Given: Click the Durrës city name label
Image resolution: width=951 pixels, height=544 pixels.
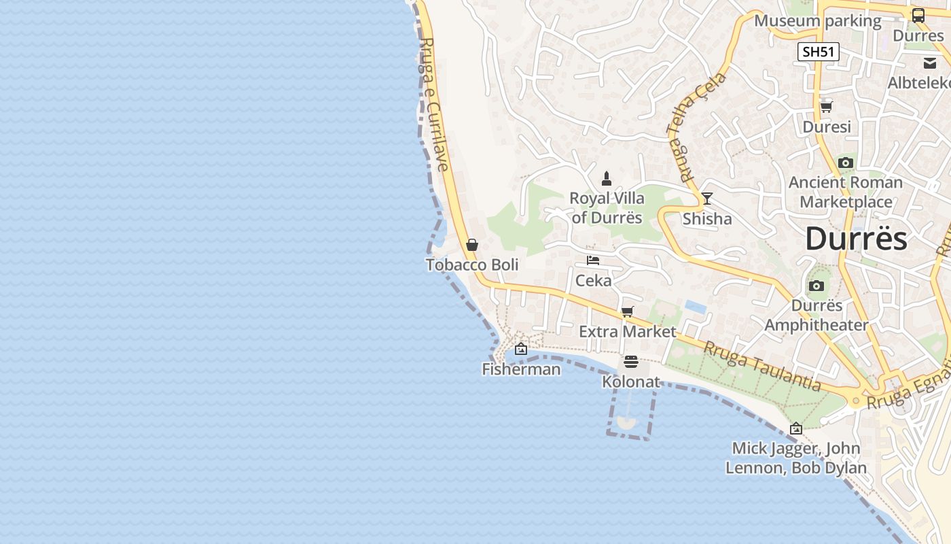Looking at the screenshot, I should click(856, 239).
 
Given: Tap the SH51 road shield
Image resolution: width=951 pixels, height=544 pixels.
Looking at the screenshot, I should click(819, 52).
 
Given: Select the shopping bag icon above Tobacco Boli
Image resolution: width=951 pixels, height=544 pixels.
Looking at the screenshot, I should click(472, 245).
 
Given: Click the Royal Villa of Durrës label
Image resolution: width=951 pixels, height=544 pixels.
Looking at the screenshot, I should click(607, 208).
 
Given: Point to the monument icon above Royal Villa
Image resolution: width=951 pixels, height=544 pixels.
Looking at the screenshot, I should click(607, 179).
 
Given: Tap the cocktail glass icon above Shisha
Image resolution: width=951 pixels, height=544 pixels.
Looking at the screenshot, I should click(707, 199).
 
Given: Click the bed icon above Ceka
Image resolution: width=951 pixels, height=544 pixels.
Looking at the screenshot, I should click(593, 260).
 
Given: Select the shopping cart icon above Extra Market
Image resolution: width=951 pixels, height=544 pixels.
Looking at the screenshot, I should click(628, 311).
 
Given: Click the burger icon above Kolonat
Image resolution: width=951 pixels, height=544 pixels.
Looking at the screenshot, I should click(631, 362).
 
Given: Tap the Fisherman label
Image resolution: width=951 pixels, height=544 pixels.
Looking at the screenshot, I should click(521, 369).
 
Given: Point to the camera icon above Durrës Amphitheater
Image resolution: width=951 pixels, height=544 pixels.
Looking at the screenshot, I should click(817, 286).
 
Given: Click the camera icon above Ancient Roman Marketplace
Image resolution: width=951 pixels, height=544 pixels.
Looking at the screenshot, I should click(846, 163).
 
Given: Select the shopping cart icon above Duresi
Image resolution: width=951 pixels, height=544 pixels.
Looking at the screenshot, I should click(827, 107).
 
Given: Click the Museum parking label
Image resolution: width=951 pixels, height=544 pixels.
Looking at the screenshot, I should click(818, 21).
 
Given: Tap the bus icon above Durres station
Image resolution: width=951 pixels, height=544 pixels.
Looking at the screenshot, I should click(918, 15).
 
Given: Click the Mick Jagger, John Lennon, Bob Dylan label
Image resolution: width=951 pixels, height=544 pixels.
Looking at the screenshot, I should click(796, 458).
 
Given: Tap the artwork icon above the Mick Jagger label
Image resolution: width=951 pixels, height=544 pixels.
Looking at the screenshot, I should click(796, 428).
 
